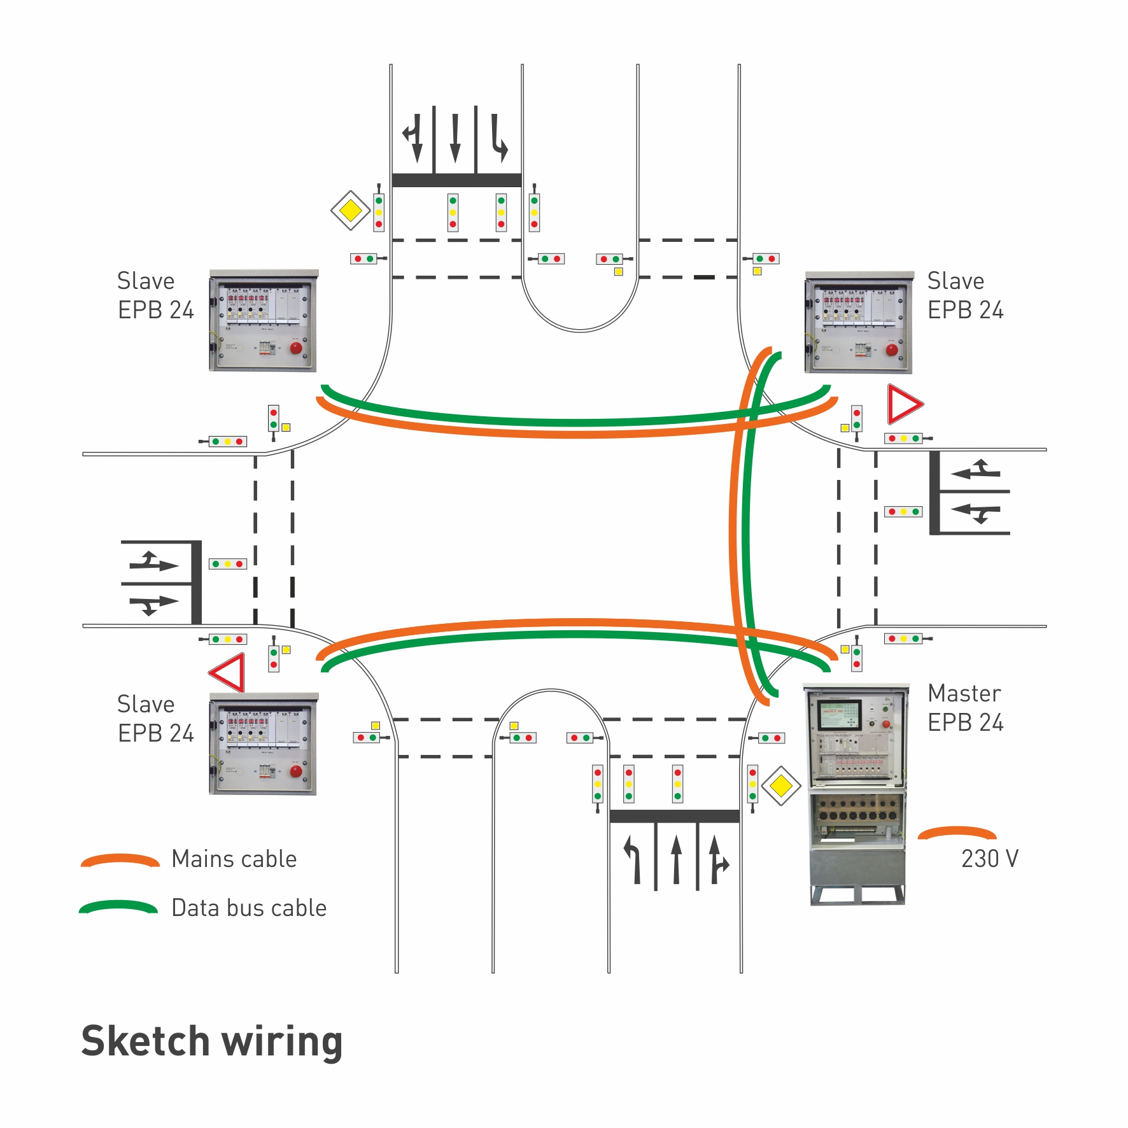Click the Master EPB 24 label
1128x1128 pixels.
point(965,707)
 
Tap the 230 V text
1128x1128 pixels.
point(989,859)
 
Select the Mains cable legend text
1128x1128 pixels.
point(234,859)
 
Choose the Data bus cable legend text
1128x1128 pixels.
point(249,908)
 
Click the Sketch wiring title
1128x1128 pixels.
point(212,1041)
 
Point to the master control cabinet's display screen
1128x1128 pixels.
point(840,714)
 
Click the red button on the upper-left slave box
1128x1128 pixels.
point(296,348)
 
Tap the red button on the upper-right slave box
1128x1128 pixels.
point(892,349)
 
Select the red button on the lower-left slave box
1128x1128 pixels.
point(296,772)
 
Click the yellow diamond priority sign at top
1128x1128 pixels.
point(350,210)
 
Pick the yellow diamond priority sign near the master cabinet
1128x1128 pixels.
point(781,786)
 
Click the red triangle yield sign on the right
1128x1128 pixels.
point(903,404)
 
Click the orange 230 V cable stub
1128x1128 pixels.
point(957,832)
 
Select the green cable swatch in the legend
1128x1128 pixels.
point(118,906)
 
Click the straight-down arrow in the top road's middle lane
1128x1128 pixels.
point(455,138)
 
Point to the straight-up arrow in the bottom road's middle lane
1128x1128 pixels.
point(676,860)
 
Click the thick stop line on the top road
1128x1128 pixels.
point(456,180)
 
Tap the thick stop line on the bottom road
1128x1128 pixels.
point(675,816)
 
